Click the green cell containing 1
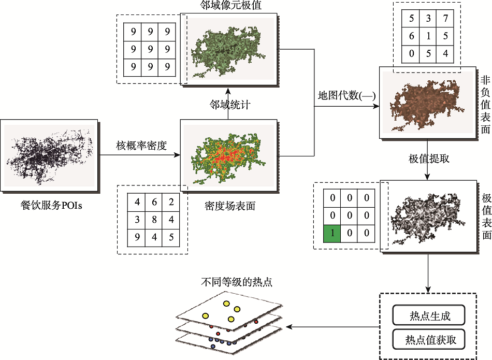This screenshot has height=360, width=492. (x=332, y=233)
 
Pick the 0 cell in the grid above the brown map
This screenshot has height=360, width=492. (x=411, y=52)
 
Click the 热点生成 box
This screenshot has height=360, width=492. (x=428, y=315)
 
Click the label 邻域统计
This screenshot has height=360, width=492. (x=230, y=105)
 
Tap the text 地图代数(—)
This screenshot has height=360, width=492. (x=346, y=96)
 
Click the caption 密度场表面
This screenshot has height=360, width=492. (x=229, y=206)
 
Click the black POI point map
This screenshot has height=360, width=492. (x=50, y=154)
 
